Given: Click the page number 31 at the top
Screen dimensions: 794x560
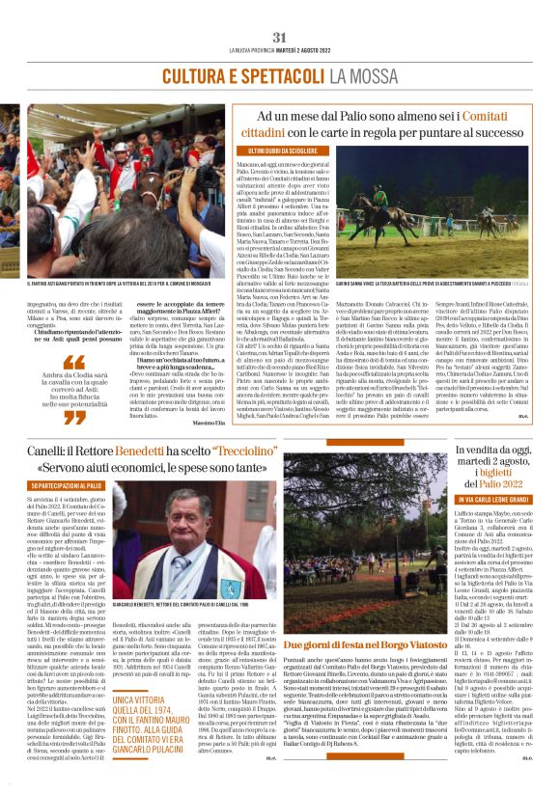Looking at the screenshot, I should (x=280, y=37).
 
